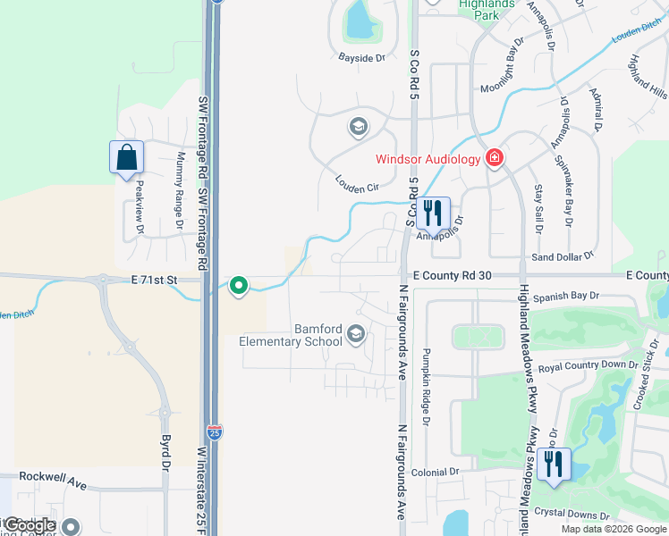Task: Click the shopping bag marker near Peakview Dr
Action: coord(126,158)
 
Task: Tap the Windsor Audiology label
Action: coord(428,159)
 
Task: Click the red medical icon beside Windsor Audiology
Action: coord(493,158)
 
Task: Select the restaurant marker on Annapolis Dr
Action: coord(434,214)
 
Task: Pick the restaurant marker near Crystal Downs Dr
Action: coord(554,465)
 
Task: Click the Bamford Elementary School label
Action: coord(291,335)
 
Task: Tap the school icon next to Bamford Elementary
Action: coord(356,335)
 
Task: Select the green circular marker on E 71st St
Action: coord(239,286)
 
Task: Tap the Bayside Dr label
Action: coord(360,58)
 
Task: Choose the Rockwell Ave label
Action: coord(53,480)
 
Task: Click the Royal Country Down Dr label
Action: coord(594,364)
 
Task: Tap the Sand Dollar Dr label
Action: coord(562,256)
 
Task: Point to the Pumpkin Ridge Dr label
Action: coord(427,386)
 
